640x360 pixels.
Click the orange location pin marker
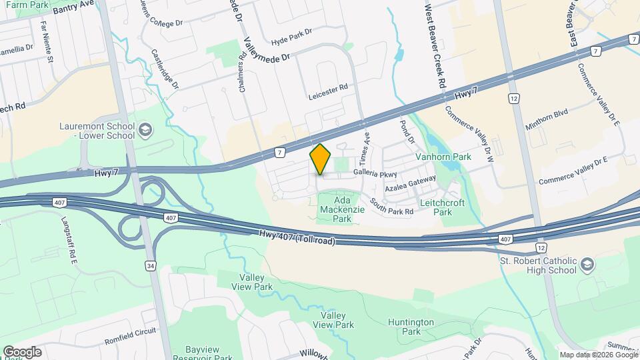(321, 159)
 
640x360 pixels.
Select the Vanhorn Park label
(443, 157)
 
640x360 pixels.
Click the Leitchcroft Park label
(443, 207)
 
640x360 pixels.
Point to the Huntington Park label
(410, 327)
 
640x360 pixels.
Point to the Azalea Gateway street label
(410, 181)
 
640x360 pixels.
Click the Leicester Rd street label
(329, 91)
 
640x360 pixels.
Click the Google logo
(22, 351)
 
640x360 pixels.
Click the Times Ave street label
(364, 147)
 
